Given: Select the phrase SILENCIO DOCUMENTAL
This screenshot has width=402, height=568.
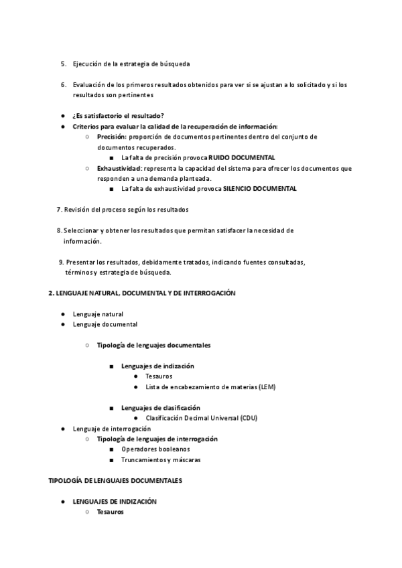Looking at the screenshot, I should point(260,189).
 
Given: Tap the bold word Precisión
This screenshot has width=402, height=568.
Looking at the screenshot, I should point(111,137).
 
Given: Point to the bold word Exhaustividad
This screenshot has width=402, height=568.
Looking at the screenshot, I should point(119,168).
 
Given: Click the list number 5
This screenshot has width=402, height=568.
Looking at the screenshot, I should point(63,64).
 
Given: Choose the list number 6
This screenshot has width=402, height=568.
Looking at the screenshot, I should point(63,84).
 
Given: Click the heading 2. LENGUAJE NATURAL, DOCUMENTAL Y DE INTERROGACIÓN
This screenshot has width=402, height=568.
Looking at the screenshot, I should point(142,293).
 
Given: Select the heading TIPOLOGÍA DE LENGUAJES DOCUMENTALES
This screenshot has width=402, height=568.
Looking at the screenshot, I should point(115,480).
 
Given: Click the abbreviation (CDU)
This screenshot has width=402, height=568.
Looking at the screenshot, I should point(248,418).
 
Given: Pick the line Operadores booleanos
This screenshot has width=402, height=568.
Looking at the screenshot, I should point(155,449).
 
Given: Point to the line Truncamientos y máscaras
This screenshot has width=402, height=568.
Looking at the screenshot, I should point(161,460).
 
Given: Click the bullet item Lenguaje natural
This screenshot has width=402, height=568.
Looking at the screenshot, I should point(98,314).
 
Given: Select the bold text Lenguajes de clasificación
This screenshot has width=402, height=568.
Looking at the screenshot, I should point(161,408).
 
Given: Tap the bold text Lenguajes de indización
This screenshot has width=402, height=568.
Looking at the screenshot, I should point(157,366).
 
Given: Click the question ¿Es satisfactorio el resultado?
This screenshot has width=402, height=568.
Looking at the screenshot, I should point(118,116).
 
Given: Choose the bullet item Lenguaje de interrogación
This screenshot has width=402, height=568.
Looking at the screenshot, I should point(112,429).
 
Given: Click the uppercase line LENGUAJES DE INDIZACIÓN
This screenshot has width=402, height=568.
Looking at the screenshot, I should point(115,501).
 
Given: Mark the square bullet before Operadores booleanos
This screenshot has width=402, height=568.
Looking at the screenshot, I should point(111,449).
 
